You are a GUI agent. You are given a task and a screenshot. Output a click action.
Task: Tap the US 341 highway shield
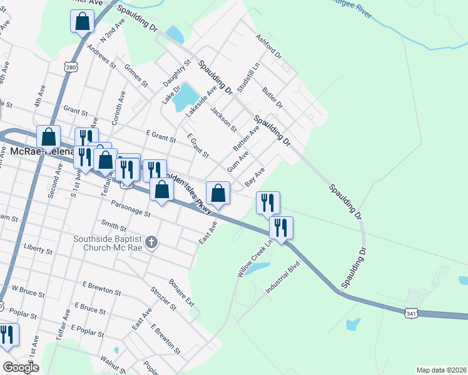click(410, 311)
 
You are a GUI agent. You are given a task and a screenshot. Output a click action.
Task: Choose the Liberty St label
click(38, 250)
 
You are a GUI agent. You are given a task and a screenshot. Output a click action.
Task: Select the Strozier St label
click(163, 297)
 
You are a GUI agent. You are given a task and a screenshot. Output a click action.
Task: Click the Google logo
click(21, 367)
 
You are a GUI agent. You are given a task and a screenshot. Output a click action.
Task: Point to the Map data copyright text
click(440, 369)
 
